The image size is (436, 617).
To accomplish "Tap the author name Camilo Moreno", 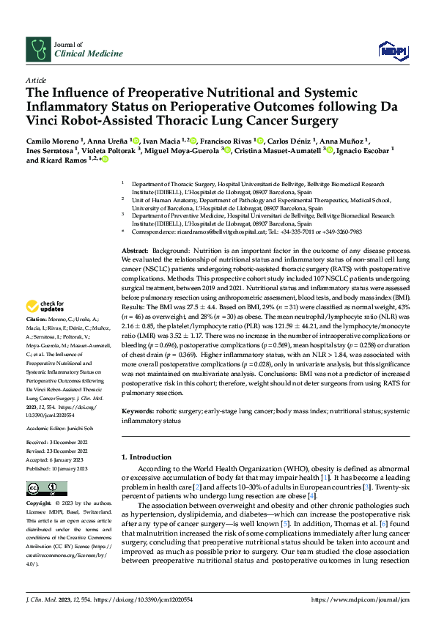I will [51, 139].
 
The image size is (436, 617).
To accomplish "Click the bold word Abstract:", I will [136, 251].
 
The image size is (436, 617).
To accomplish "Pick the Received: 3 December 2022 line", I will [56, 443].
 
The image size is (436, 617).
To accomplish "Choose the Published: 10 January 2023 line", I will [56, 468].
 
